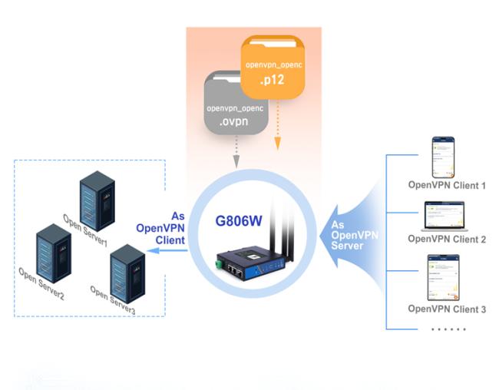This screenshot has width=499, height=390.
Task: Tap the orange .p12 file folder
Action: pos(273,70)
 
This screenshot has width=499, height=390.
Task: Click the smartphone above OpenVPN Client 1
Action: pos(444,157)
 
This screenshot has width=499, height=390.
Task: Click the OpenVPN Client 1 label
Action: pos(447,186)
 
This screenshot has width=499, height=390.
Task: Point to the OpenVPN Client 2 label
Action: pos(447,239)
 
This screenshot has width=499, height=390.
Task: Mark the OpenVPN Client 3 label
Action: pos(447,309)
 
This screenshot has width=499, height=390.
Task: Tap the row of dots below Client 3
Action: pos(447,328)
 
